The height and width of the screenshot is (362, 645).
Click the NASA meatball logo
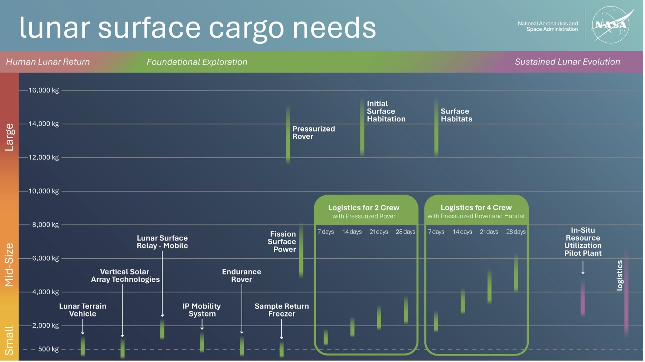(x=611, y=25)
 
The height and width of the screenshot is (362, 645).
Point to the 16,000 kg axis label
(x=44, y=90)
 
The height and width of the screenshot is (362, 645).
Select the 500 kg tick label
(x=48, y=349)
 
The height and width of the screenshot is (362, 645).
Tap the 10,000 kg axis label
(x=44, y=191)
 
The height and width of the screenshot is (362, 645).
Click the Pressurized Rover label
(x=313, y=133)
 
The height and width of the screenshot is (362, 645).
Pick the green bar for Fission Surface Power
(x=301, y=251)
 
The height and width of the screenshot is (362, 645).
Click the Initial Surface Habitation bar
(x=362, y=127)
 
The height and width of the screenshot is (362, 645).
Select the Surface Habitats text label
(x=456, y=115)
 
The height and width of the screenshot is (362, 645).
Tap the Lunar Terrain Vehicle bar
(x=83, y=346)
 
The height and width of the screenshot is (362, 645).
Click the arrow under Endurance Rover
(x=242, y=308)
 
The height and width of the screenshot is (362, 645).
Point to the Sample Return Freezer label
(x=281, y=310)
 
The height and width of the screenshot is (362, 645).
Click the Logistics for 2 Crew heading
(x=364, y=208)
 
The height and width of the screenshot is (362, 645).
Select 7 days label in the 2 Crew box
(x=325, y=232)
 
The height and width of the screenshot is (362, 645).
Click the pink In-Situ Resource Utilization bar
(x=583, y=297)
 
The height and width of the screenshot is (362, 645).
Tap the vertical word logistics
(x=620, y=275)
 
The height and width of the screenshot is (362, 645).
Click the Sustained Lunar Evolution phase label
(x=567, y=62)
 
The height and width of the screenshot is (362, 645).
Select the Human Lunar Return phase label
(x=48, y=62)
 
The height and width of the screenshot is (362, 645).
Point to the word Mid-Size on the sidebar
(x=9, y=265)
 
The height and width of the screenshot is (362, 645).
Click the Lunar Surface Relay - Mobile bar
(x=163, y=329)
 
